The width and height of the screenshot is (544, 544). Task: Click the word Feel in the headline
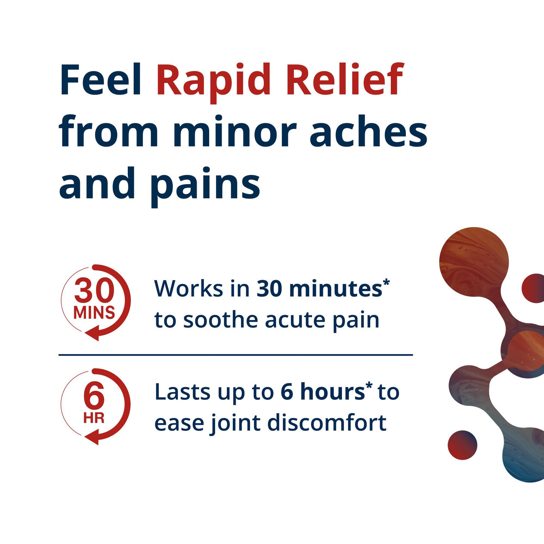(x=101, y=80)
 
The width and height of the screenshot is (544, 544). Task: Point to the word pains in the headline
(x=205, y=184)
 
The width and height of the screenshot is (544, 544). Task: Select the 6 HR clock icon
(x=95, y=406)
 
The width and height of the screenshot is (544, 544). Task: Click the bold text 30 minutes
(x=320, y=288)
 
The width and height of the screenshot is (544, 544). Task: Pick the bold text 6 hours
(x=323, y=392)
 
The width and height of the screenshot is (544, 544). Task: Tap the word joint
(x=236, y=423)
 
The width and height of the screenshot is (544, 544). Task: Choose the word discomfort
(x=327, y=423)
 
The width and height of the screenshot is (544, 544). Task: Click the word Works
(x=189, y=288)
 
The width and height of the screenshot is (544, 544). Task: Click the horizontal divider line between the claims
(x=235, y=355)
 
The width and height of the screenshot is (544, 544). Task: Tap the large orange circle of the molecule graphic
(x=474, y=262)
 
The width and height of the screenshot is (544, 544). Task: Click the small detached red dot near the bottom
(x=463, y=445)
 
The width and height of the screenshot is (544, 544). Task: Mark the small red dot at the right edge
(x=534, y=288)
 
